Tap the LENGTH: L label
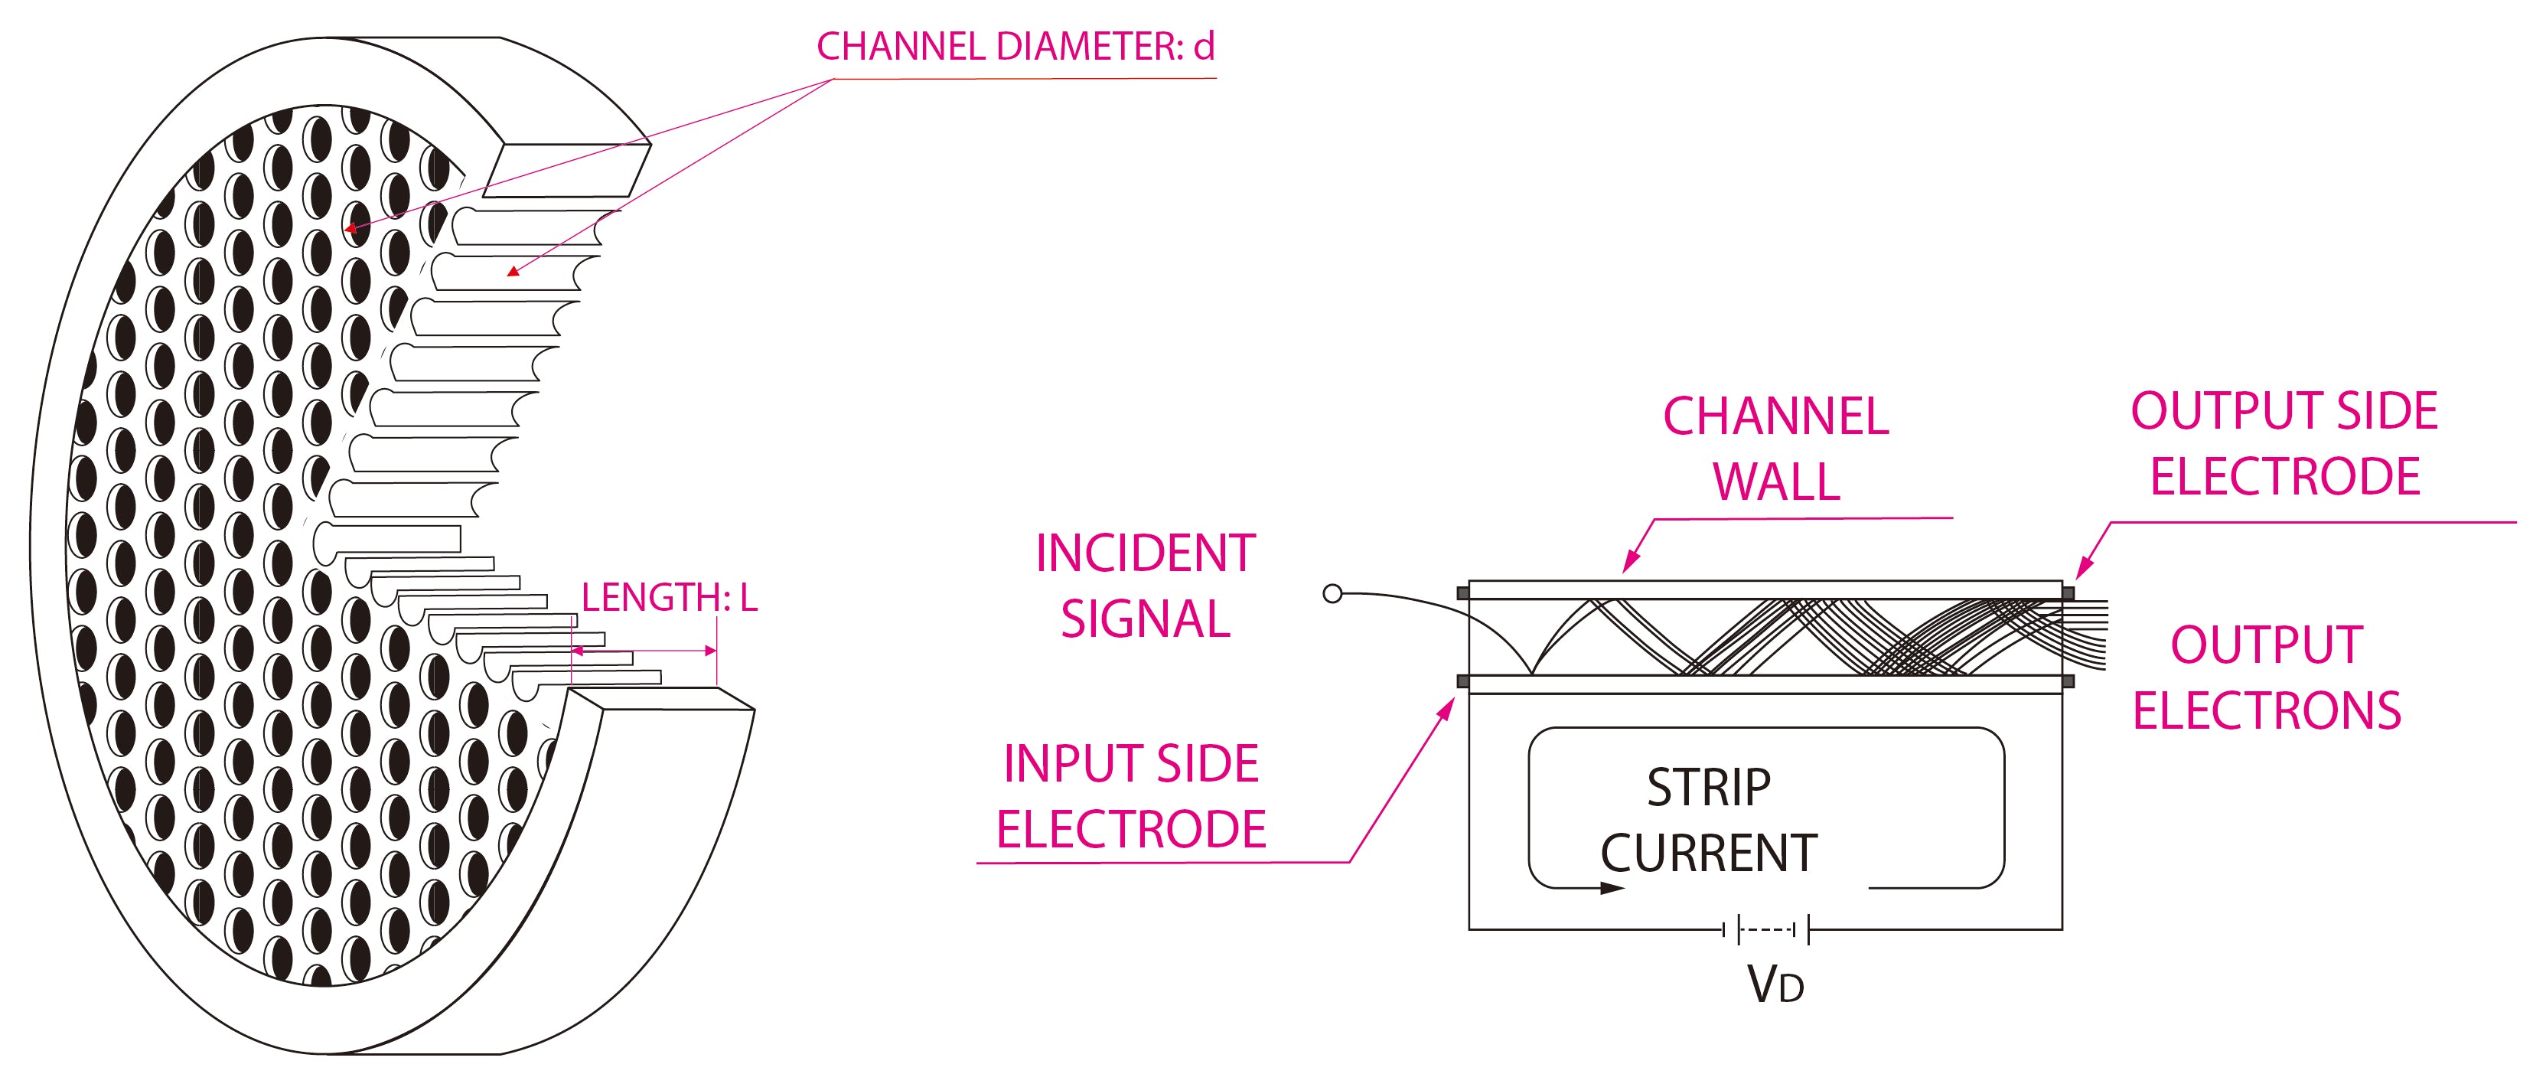click(669, 598)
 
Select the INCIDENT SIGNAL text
click(1146, 586)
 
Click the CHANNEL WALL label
click(1776, 449)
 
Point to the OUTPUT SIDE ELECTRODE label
click(2284, 444)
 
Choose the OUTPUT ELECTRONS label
click(2267, 677)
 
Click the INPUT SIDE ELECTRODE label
click(1131, 797)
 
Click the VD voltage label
click(1775, 984)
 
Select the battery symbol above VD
click(1767, 929)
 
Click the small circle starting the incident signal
click(1332, 593)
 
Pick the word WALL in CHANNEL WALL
click(1776, 482)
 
